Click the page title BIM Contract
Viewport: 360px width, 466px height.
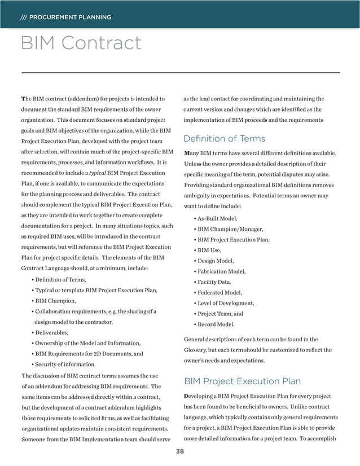coord(81,43)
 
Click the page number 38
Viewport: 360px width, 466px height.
coord(180,451)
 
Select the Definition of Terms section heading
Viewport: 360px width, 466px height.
coord(225,138)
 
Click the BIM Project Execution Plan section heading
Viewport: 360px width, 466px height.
coord(242,381)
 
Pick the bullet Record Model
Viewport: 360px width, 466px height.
coord(216,324)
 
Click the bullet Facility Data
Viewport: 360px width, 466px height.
coord(214,282)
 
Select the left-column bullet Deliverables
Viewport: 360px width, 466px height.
coord(51,332)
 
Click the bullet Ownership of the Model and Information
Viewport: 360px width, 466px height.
coord(87,343)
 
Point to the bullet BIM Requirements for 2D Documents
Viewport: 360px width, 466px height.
coord(89,354)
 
